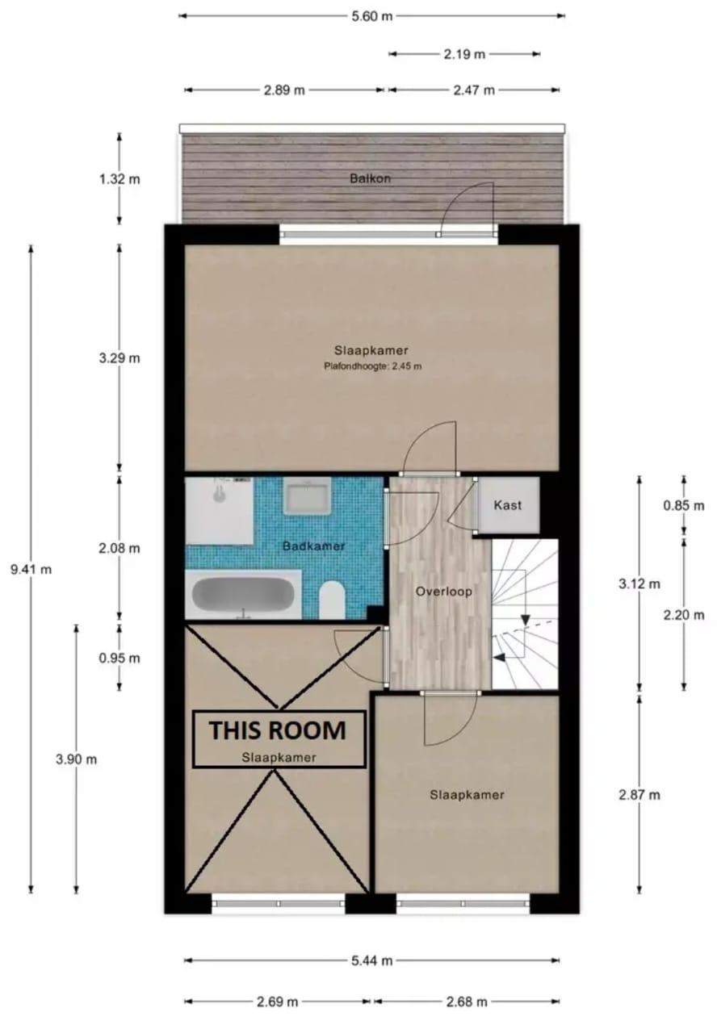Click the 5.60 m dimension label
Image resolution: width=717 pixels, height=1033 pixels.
pyautogui.click(x=371, y=16)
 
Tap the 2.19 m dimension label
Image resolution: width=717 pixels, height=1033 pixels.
pyautogui.click(x=464, y=54)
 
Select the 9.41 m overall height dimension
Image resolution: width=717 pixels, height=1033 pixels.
pyautogui.click(x=31, y=570)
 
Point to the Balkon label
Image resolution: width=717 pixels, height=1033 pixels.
pyautogui.click(x=370, y=178)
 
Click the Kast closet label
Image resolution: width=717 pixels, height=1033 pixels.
pyautogui.click(x=508, y=505)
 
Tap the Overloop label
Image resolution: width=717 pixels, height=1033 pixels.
pyautogui.click(x=444, y=592)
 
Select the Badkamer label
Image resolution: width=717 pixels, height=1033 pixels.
pyautogui.click(x=314, y=546)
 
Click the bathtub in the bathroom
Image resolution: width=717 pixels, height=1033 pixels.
pyautogui.click(x=243, y=594)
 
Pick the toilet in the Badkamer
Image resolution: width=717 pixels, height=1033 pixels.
pyautogui.click(x=332, y=600)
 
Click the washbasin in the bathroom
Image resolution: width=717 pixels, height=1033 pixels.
pyautogui.click(x=308, y=496)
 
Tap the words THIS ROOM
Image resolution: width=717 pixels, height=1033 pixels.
pyautogui.click(x=278, y=730)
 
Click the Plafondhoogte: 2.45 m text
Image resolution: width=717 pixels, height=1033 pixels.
pyautogui.click(x=373, y=366)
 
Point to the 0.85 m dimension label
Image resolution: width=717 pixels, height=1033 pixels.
pyautogui.click(x=684, y=505)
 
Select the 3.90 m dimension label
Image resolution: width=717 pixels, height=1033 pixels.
pyautogui.click(x=77, y=759)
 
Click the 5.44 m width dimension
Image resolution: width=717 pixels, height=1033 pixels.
pyautogui.click(x=372, y=957)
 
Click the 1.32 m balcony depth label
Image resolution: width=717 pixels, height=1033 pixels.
pyautogui.click(x=119, y=178)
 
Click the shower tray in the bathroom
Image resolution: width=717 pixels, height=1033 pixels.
pyautogui.click(x=220, y=511)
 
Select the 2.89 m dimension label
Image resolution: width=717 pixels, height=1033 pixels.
pyautogui.click(x=284, y=90)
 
